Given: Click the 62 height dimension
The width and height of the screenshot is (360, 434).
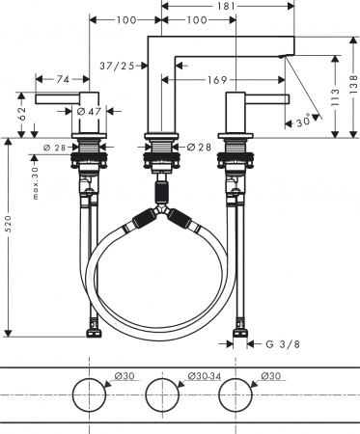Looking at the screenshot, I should tap(21, 112).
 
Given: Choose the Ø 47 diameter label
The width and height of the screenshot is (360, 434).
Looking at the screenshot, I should tap(89, 113).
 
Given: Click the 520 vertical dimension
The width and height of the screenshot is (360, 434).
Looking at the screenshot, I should tap(9, 237).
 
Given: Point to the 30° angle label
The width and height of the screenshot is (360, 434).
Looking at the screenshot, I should tap(304, 121).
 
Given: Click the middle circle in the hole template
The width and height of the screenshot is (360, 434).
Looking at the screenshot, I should tap(162, 397).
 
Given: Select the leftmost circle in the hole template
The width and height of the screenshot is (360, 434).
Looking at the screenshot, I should tap(90, 397).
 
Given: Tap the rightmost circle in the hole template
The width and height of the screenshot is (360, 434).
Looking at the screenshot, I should tap(235, 397).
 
